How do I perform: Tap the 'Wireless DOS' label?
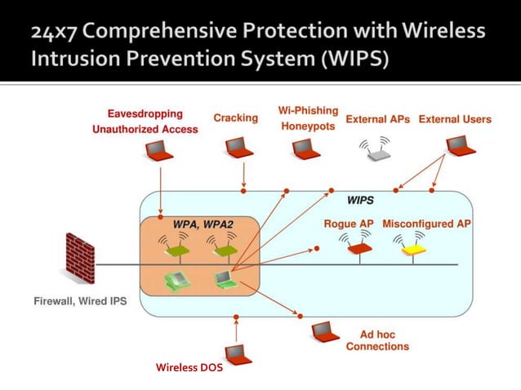tap(189, 368)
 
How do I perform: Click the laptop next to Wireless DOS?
tap(238, 354)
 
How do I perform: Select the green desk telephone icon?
tap(176, 280)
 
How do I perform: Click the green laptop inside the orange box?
tap(223, 280)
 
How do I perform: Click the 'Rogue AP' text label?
tap(349, 224)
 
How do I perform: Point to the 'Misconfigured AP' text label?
tap(426, 224)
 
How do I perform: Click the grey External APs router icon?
tap(376, 149)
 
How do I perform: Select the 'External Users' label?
tap(455, 119)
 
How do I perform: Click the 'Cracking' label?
tap(235, 118)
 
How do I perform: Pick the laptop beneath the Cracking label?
tap(238, 148)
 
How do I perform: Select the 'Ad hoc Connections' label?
tap(377, 340)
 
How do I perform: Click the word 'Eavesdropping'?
tap(145, 113)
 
